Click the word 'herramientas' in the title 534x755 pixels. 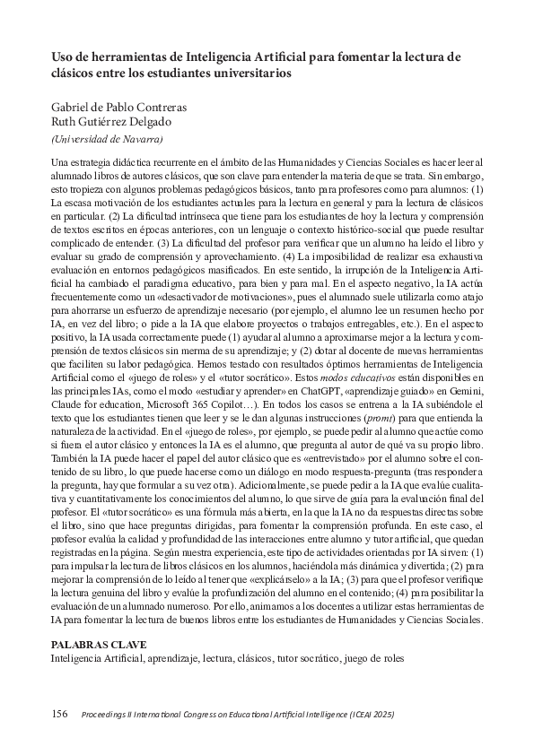[118, 56]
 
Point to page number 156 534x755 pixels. [59, 713]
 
